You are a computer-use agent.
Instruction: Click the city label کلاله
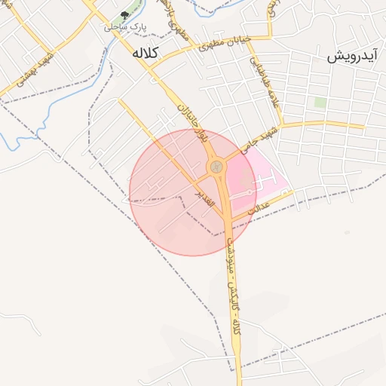pos(142,54)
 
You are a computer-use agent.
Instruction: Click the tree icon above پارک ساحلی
pos(124,15)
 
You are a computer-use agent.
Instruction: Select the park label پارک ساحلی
pos(125,27)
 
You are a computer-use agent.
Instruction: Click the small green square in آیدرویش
pos(320,102)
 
